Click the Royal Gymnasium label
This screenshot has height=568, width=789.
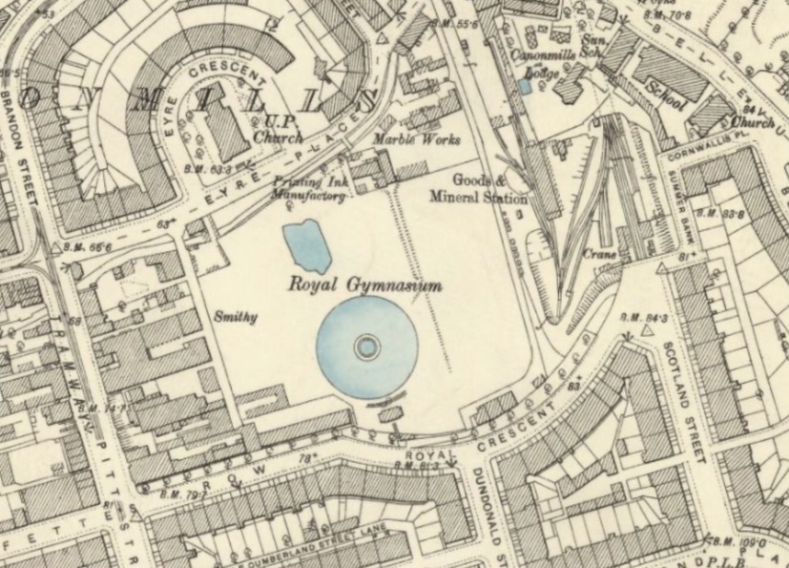click(366, 284)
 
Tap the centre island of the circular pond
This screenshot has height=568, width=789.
click(365, 347)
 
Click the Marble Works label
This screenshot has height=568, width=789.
click(416, 140)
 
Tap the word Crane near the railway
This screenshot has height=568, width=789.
click(601, 255)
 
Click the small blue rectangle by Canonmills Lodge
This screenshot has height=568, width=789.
click(524, 86)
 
